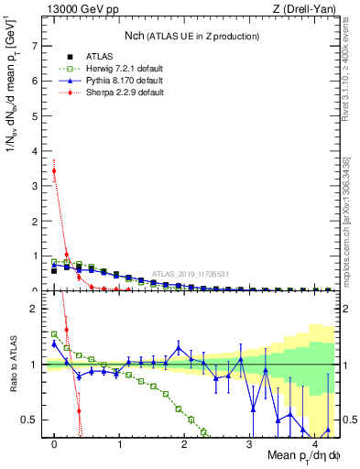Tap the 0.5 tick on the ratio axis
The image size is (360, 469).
[30, 420]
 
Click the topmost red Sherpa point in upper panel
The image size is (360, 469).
[55, 170]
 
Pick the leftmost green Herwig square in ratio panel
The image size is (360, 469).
[55, 334]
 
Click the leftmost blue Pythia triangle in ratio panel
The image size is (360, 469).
[55, 344]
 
